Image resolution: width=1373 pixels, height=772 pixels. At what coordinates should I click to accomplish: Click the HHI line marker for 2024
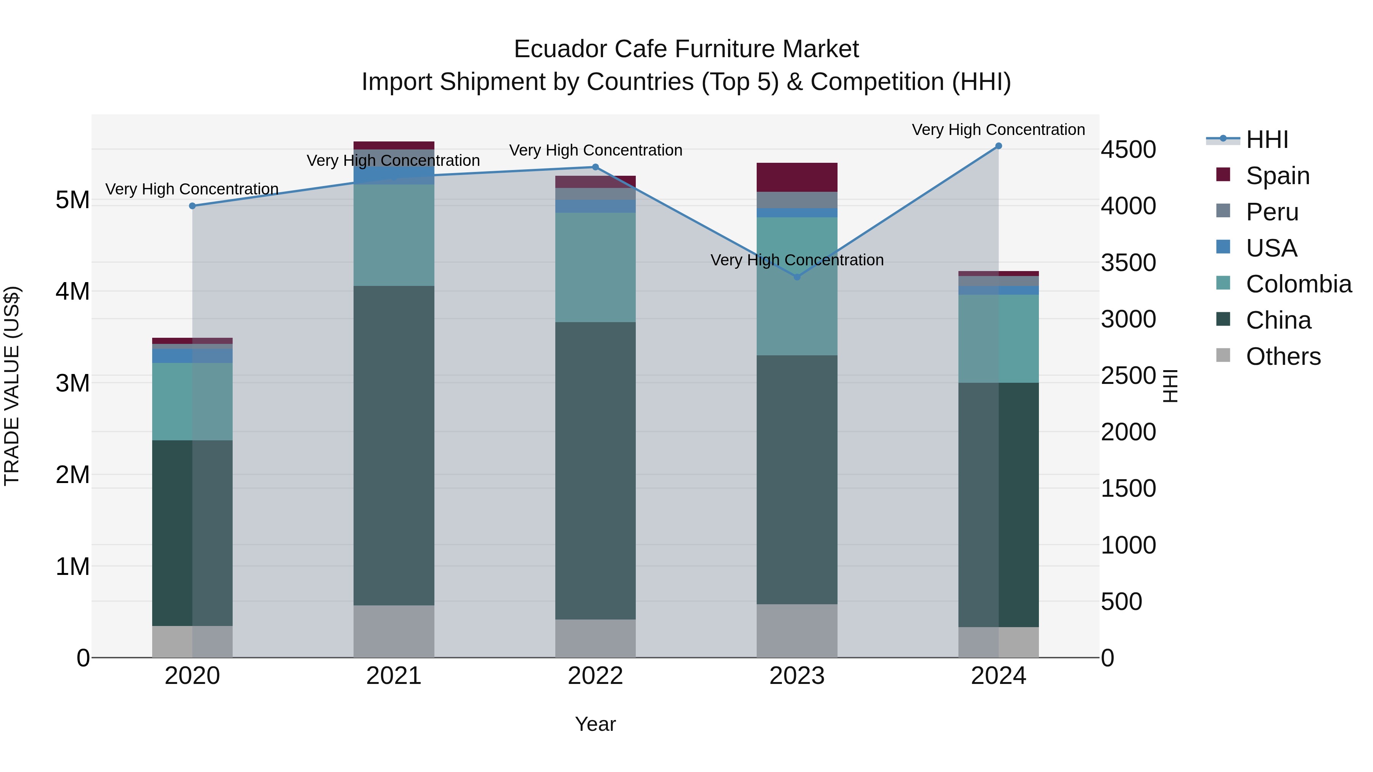(998, 146)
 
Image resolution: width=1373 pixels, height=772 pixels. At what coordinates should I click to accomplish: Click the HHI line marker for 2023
(797, 277)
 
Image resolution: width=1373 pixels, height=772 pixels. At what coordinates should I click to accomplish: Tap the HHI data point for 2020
(193, 205)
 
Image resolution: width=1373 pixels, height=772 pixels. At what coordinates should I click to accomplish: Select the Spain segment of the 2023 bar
(797, 177)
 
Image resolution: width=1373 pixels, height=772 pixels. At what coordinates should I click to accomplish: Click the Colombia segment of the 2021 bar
(394, 235)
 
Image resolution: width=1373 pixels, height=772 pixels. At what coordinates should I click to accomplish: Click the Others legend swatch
(1223, 355)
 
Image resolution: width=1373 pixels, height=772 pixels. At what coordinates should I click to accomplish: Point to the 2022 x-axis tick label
(595, 676)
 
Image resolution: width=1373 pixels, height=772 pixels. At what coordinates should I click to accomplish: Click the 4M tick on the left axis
(72, 291)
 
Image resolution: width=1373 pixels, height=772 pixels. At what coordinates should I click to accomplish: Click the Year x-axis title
(595, 724)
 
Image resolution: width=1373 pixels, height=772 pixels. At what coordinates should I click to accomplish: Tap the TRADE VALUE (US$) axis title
(12, 386)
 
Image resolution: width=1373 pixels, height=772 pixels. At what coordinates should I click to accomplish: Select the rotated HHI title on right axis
(1170, 386)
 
